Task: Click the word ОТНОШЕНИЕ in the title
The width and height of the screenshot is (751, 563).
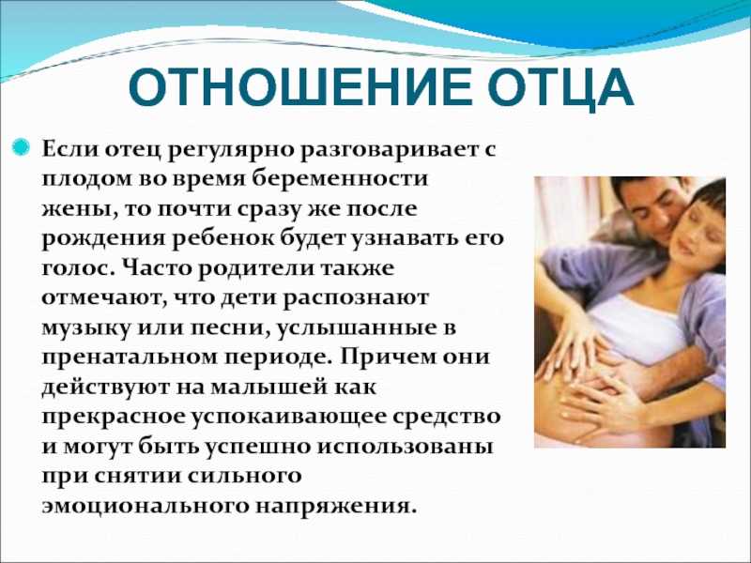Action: tap(300, 87)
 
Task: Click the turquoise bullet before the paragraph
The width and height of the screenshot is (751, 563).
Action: tap(22, 146)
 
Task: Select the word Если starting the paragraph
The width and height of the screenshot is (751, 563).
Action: tap(69, 149)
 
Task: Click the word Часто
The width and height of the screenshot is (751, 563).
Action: tap(157, 268)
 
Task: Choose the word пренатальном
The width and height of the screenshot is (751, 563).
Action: tap(132, 358)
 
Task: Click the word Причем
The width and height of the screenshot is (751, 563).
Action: tap(387, 358)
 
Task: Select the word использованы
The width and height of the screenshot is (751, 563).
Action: tap(406, 448)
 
